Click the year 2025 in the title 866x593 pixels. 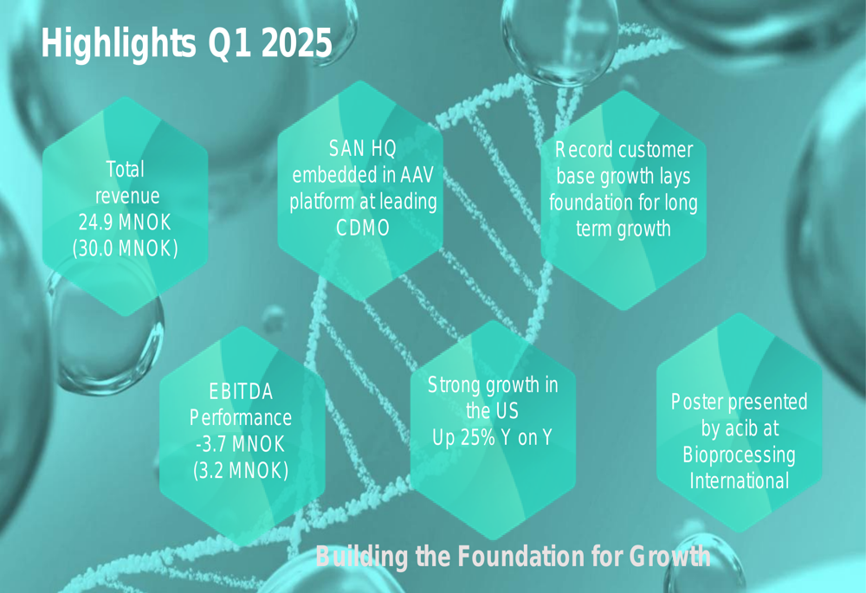[x=296, y=42]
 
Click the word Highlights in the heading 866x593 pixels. [x=118, y=44]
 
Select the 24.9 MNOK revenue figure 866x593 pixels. [x=125, y=222]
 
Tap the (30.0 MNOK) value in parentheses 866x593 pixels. [x=126, y=249]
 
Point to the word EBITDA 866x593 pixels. [x=241, y=391]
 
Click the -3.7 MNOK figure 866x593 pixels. [x=240, y=444]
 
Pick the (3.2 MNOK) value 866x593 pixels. [x=241, y=470]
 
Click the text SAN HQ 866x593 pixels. [x=363, y=149]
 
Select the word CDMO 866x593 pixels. [x=363, y=228]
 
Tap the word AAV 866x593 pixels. [x=417, y=175]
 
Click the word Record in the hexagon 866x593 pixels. [x=583, y=150]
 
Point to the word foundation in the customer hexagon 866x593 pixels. [x=591, y=202]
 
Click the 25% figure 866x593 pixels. [x=478, y=437]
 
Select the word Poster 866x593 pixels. [x=698, y=402]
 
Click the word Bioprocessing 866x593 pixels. [x=739, y=455]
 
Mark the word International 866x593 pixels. [x=739, y=480]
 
